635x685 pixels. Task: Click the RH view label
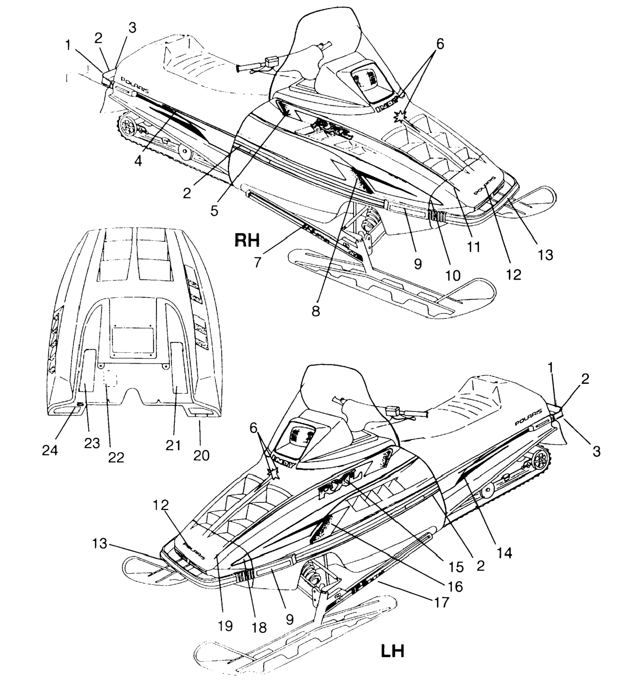point(246,240)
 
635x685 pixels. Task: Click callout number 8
point(316,311)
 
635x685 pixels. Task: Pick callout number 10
point(453,275)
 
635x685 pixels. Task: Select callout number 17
point(442,602)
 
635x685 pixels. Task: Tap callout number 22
point(116,457)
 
